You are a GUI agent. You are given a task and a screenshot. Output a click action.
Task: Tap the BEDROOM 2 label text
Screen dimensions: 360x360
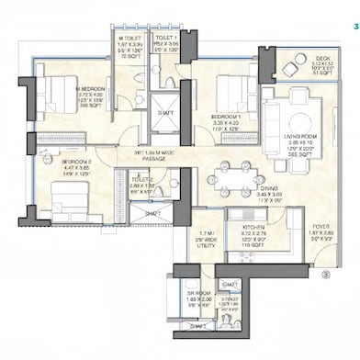[x=62, y=162]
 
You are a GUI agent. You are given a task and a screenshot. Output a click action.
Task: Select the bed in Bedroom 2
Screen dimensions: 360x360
[x=69, y=197]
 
